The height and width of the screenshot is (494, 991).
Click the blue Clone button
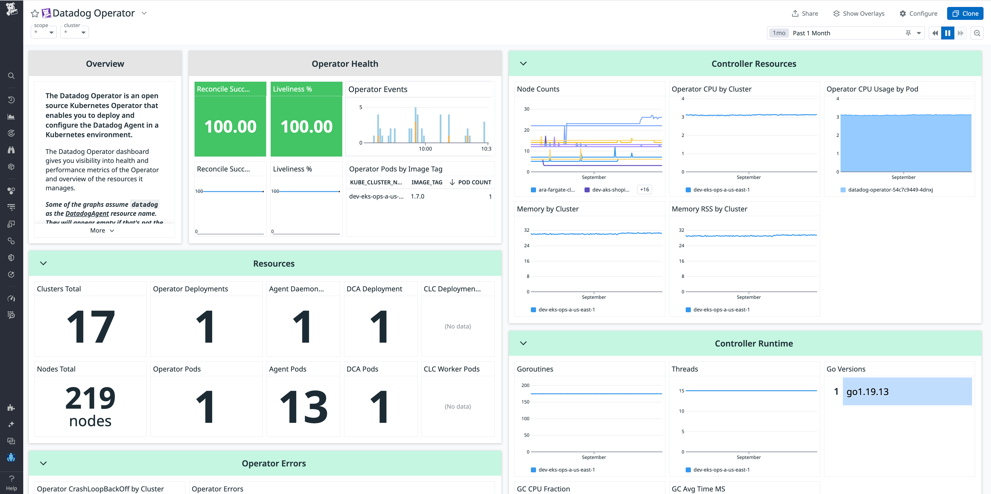965,13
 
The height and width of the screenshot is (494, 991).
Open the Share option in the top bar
805,13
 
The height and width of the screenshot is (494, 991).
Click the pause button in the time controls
948,33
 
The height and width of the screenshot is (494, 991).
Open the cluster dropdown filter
75,32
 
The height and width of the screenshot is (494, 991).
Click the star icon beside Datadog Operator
35,13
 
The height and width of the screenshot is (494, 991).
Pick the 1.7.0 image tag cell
417,196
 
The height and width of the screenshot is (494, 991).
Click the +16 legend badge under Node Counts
644,190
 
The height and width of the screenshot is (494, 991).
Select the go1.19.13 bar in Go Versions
907,391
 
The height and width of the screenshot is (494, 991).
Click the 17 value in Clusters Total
90,327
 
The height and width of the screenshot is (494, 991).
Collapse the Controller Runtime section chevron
523,343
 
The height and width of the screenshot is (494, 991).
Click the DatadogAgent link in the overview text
87,214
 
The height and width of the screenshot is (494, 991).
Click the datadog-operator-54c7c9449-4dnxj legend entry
890,190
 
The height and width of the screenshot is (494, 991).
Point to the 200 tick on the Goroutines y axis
525,385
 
